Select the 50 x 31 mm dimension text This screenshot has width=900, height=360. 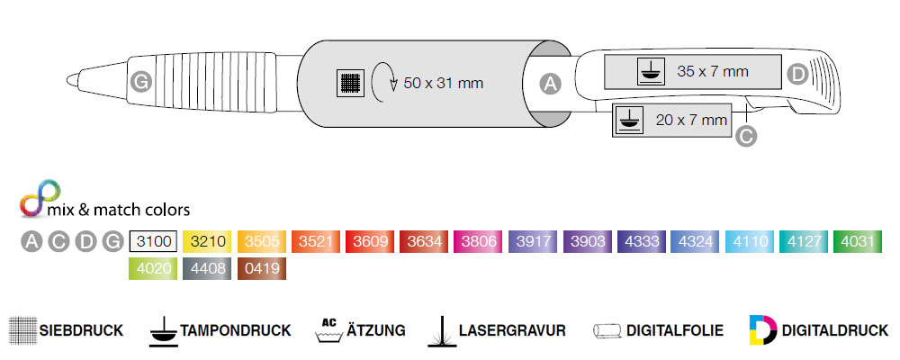click(443, 84)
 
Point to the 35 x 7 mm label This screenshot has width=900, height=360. click(713, 72)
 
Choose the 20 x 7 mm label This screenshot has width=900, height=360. click(691, 121)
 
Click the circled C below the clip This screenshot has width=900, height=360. click(745, 136)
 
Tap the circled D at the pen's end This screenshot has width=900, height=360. click(796, 74)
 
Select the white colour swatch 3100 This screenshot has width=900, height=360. click(153, 242)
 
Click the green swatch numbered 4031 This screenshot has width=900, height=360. click(858, 242)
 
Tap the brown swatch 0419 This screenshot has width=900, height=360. click(262, 269)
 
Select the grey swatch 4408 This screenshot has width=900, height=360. click(207, 269)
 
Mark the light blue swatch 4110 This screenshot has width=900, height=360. click(749, 242)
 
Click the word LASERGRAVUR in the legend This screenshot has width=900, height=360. click(512, 330)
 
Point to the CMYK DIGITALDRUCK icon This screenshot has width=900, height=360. click(763, 330)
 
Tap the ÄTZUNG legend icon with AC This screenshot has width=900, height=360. click(328, 329)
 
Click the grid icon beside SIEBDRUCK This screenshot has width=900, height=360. click(23, 330)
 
